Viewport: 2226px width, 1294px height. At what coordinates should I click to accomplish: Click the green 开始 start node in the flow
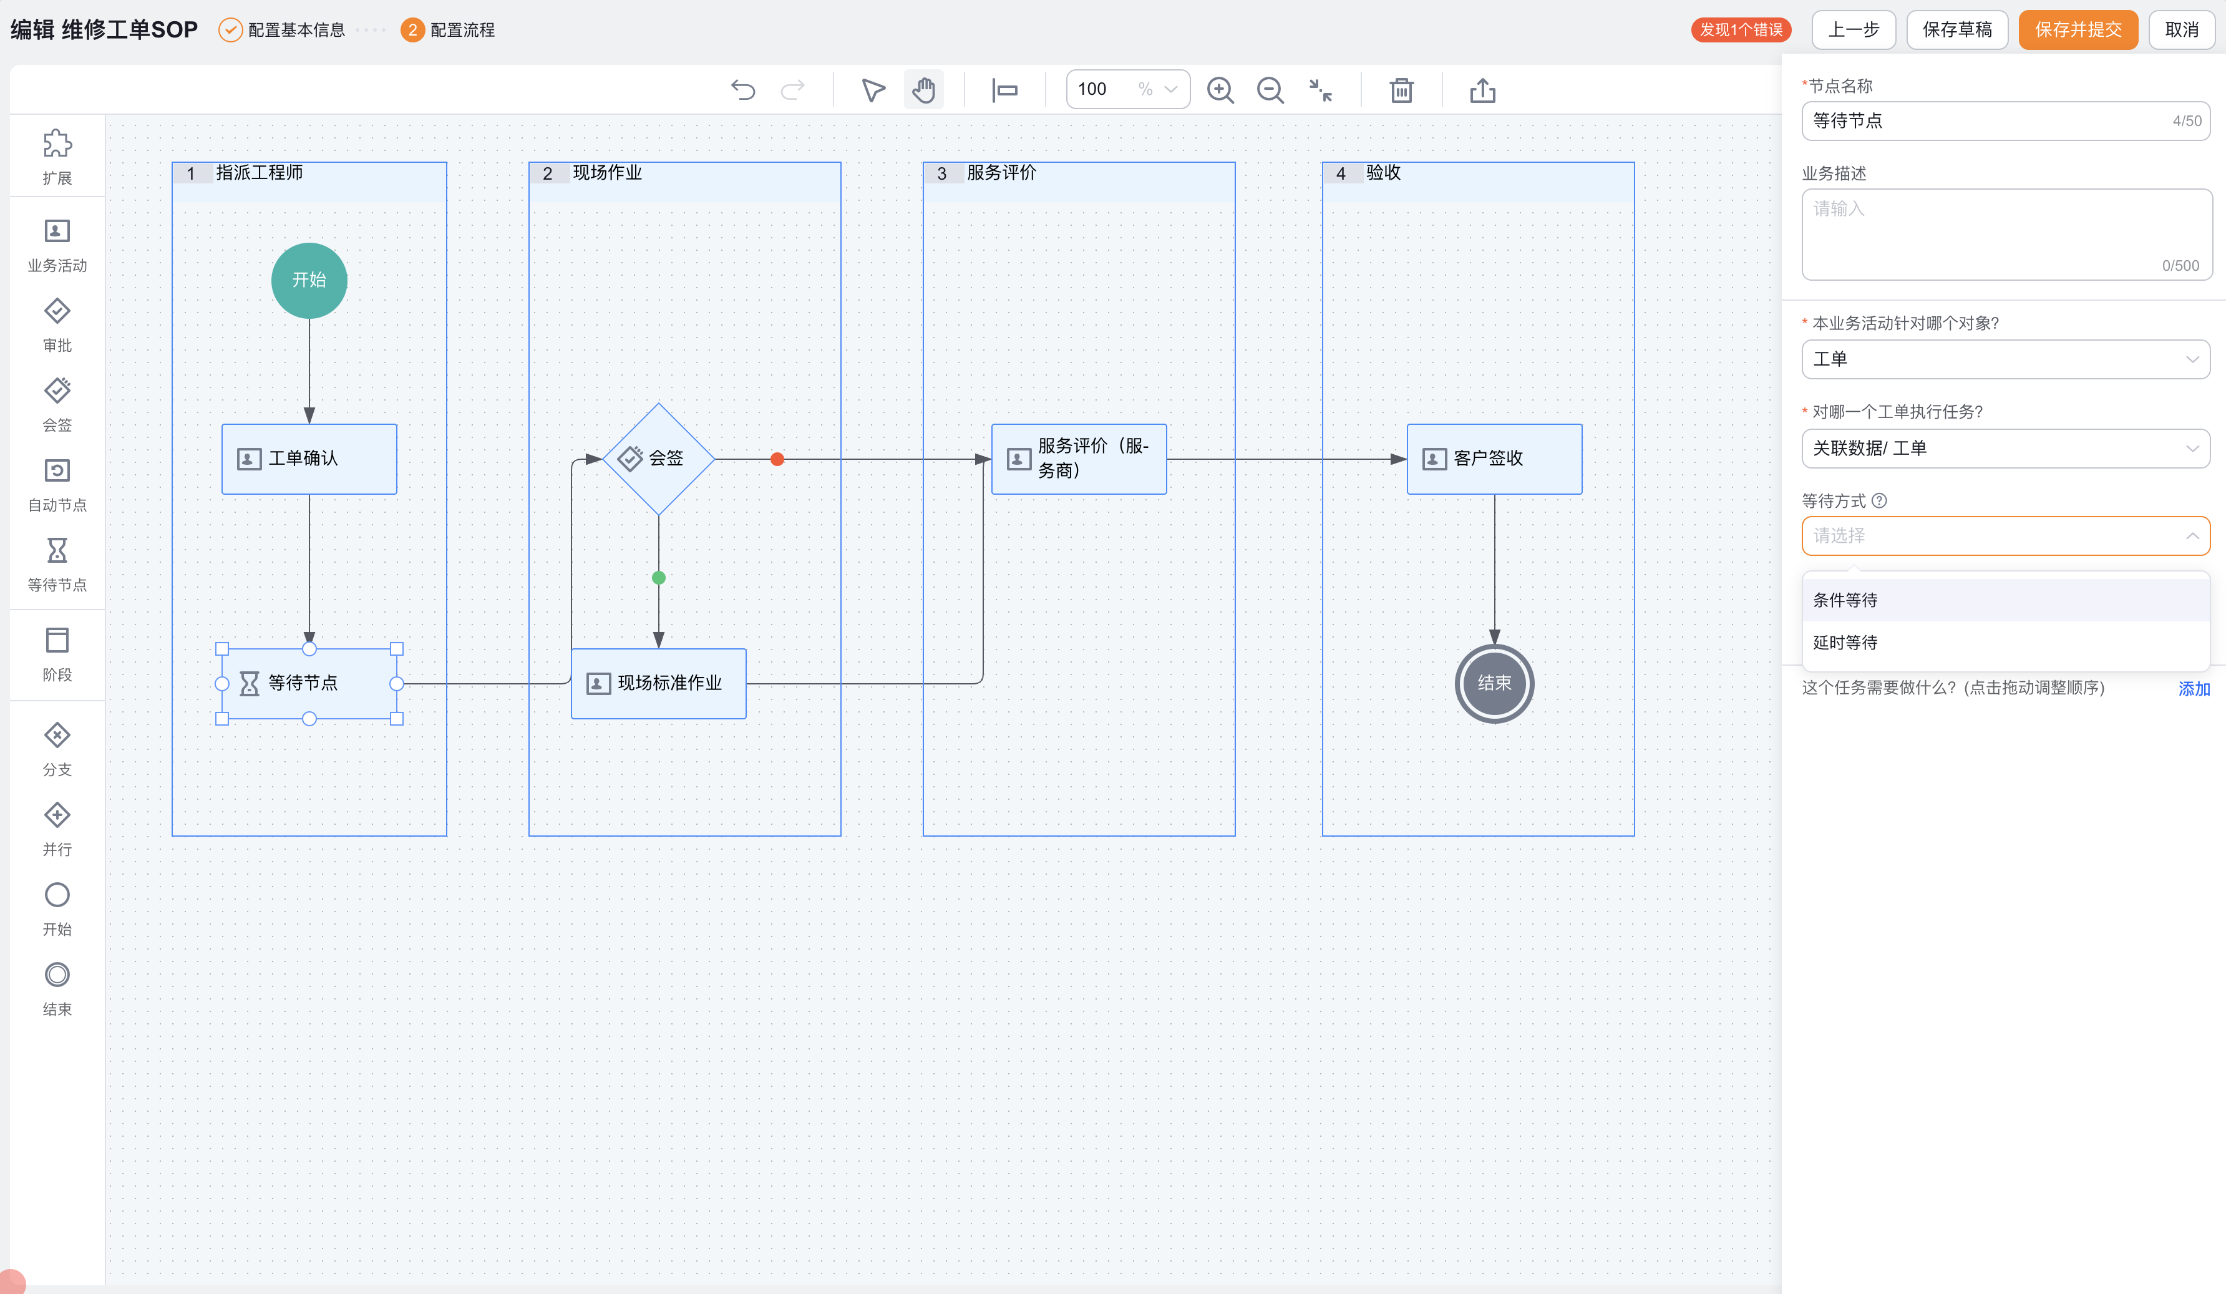point(309,280)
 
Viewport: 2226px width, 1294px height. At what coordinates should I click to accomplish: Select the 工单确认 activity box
point(309,459)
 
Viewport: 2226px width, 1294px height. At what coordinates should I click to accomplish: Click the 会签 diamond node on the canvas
point(658,459)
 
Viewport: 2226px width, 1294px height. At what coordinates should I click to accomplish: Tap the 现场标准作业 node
point(658,683)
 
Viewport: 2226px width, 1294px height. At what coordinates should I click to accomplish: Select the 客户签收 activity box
point(1494,459)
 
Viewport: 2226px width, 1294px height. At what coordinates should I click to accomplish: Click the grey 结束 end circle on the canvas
point(1494,683)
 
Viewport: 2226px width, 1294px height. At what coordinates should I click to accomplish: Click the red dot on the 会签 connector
point(777,459)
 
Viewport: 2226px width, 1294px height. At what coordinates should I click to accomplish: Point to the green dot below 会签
point(658,578)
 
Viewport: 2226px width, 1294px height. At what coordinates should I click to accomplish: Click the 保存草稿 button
point(1956,30)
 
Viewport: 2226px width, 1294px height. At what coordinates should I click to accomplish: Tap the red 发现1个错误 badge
point(1740,30)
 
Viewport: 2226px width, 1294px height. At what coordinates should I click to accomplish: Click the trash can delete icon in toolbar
point(1401,90)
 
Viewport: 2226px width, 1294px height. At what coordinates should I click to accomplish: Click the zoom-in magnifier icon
point(1220,90)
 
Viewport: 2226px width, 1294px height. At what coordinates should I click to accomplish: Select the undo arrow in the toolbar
point(743,90)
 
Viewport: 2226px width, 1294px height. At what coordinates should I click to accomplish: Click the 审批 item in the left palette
point(57,325)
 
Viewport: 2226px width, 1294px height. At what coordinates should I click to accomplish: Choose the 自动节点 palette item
point(57,485)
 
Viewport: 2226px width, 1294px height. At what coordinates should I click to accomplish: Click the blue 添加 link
point(2194,688)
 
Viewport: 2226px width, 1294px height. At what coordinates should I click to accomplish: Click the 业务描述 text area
point(2006,234)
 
